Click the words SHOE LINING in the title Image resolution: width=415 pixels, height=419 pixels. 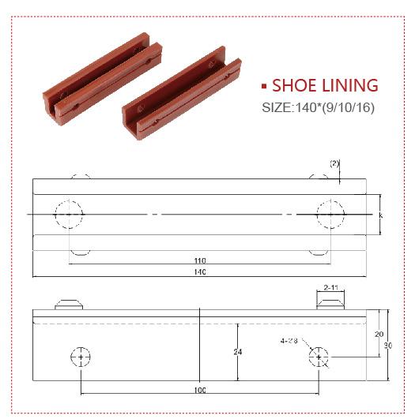coord(325,86)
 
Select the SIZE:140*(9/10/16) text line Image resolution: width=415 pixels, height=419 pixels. coord(317,107)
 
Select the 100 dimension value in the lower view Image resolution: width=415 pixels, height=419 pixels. coord(199,390)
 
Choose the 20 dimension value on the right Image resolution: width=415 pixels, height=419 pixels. coord(378,334)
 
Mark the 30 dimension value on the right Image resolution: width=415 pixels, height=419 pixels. coord(387,345)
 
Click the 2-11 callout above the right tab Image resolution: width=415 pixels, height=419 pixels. coord(331,288)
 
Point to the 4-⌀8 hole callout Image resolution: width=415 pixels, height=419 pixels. coord(289,342)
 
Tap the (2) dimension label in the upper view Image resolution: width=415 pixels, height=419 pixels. coord(334,163)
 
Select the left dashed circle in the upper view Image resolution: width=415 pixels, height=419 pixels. coord(70,214)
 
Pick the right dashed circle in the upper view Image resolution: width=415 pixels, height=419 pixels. coord(330,214)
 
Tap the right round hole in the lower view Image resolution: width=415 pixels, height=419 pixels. coord(319,357)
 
